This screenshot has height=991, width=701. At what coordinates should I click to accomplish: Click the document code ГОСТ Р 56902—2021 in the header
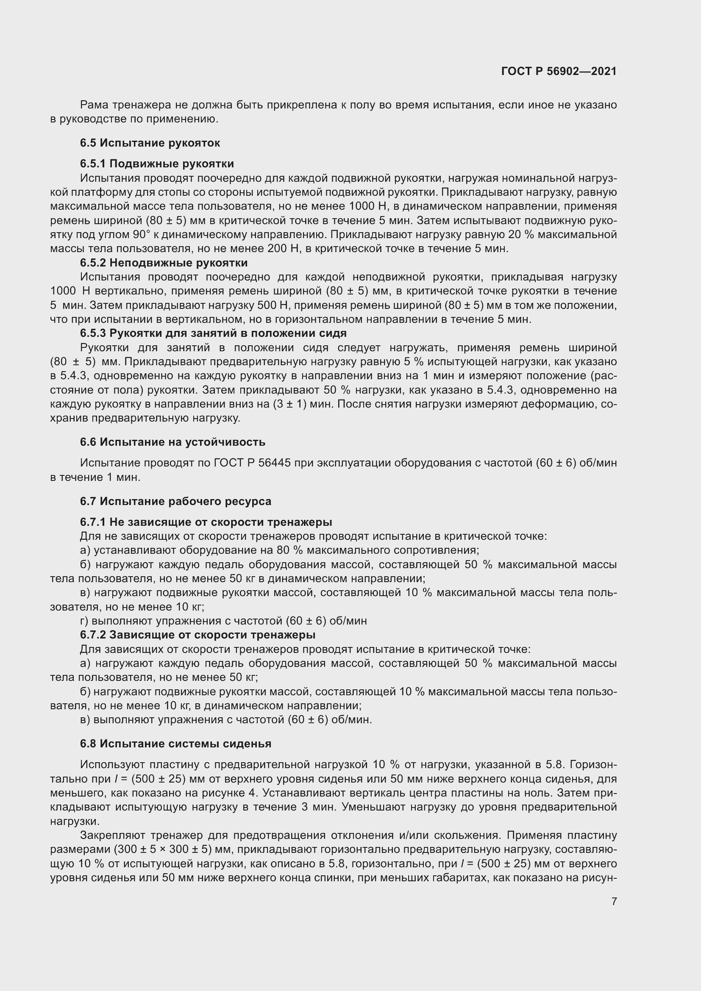[x=559, y=71]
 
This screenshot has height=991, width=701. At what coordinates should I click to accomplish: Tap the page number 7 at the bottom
[x=614, y=901]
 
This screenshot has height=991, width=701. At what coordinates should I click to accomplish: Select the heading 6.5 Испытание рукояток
[x=150, y=143]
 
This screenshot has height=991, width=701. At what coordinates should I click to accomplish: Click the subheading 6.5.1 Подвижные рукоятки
[x=157, y=164]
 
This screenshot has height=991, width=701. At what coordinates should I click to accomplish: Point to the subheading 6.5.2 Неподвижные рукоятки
[x=164, y=263]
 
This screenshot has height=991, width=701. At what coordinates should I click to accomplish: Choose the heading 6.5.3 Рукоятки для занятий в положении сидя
[x=213, y=333]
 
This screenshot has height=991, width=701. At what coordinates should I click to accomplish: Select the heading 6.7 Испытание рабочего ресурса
[x=175, y=501]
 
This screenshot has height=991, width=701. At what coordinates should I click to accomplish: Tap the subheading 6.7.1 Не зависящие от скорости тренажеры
[x=206, y=522]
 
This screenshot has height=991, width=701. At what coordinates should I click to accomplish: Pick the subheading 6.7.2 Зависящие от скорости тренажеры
[x=197, y=635]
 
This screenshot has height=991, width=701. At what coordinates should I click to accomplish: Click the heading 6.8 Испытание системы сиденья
[x=175, y=744]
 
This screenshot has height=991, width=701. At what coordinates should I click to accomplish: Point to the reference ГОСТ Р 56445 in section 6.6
[x=250, y=463]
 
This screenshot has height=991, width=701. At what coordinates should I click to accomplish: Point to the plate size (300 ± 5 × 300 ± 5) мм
[x=173, y=849]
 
